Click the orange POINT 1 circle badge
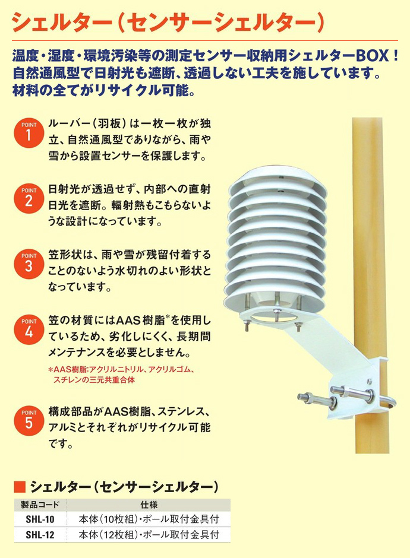[x=29, y=133]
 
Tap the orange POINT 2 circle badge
[x=29, y=198]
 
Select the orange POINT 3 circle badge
[x=29, y=264]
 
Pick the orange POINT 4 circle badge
[x=29, y=329]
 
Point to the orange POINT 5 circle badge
[x=29, y=421]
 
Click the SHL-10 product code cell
[x=40, y=519]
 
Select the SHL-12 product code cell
[x=40, y=534]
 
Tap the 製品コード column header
[x=40, y=505]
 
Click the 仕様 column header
[x=149, y=505]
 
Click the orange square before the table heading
[x=20, y=487]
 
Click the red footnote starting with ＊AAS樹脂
[x=121, y=375]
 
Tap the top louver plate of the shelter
[x=277, y=183]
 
